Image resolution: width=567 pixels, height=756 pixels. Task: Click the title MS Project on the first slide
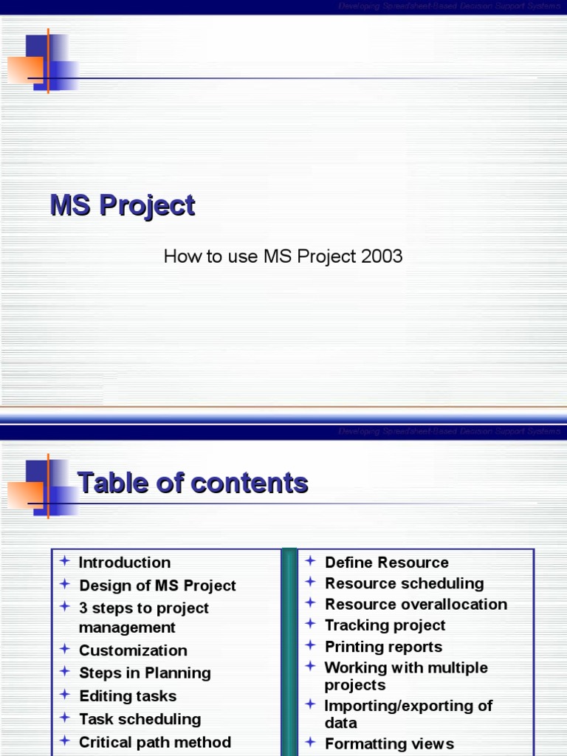pyautogui.click(x=123, y=205)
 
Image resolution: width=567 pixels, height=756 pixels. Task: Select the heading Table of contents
pyautogui.click(x=193, y=483)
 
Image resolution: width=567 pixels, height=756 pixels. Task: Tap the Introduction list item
pyautogui.click(x=125, y=563)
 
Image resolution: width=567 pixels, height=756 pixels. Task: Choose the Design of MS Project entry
pyautogui.click(x=157, y=585)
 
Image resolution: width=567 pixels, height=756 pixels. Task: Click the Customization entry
pyautogui.click(x=133, y=650)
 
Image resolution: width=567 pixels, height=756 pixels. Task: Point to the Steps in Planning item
pyautogui.click(x=145, y=673)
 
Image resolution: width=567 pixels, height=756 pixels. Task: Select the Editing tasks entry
pyautogui.click(x=128, y=696)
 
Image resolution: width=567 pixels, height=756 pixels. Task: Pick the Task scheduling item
pyautogui.click(x=140, y=719)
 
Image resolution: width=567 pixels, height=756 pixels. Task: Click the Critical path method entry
pyautogui.click(x=155, y=742)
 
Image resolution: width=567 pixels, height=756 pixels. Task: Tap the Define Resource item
pyautogui.click(x=387, y=563)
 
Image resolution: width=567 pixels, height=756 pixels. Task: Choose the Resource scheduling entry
pyautogui.click(x=405, y=583)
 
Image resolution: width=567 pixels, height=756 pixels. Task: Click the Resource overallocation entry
pyautogui.click(x=416, y=604)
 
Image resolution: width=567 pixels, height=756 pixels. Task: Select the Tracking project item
pyautogui.click(x=385, y=625)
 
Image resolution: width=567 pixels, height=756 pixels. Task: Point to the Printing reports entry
pyautogui.click(x=384, y=647)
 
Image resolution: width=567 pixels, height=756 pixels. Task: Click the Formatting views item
pyautogui.click(x=390, y=743)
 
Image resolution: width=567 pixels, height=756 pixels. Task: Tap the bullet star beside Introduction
pyautogui.click(x=65, y=562)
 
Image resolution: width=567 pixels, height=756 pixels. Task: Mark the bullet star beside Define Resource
pyautogui.click(x=311, y=562)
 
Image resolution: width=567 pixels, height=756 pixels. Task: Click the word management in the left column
pyautogui.click(x=127, y=628)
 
